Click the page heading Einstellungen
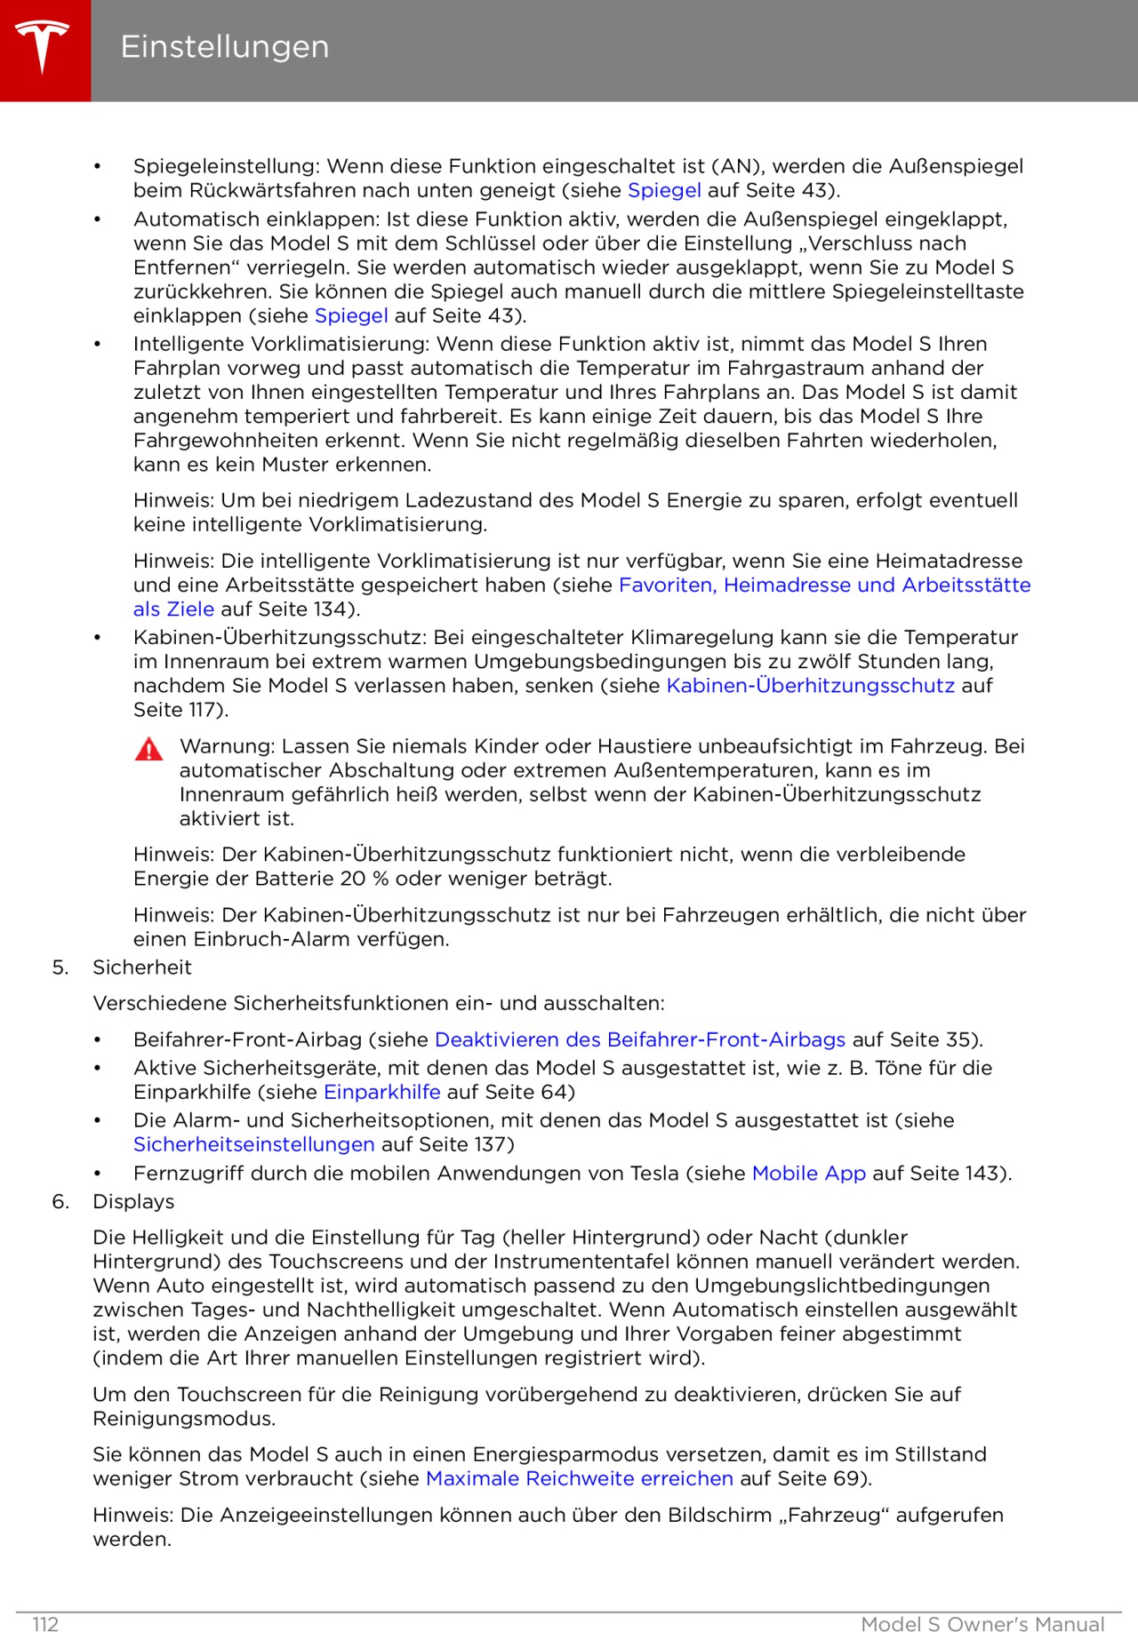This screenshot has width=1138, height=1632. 224,47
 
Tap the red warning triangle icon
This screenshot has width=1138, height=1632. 149,750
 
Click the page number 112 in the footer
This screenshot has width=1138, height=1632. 45,1624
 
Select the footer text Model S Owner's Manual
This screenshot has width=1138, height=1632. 982,1624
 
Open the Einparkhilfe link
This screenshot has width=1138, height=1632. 381,1092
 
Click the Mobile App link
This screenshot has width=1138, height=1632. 808,1173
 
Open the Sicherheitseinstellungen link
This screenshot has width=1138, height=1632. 253,1144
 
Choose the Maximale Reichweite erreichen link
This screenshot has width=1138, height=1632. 579,1478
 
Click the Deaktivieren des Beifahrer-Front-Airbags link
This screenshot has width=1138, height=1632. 639,1039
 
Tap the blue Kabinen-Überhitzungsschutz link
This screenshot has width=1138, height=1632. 810,685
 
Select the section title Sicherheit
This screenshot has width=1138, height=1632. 141,967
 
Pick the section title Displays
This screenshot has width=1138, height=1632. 133,1201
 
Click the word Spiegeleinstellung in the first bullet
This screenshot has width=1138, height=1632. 226,166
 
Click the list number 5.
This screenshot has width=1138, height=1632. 60,967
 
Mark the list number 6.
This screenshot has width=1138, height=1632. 60,1201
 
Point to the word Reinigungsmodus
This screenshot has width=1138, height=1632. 183,1418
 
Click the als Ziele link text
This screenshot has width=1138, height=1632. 173,609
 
